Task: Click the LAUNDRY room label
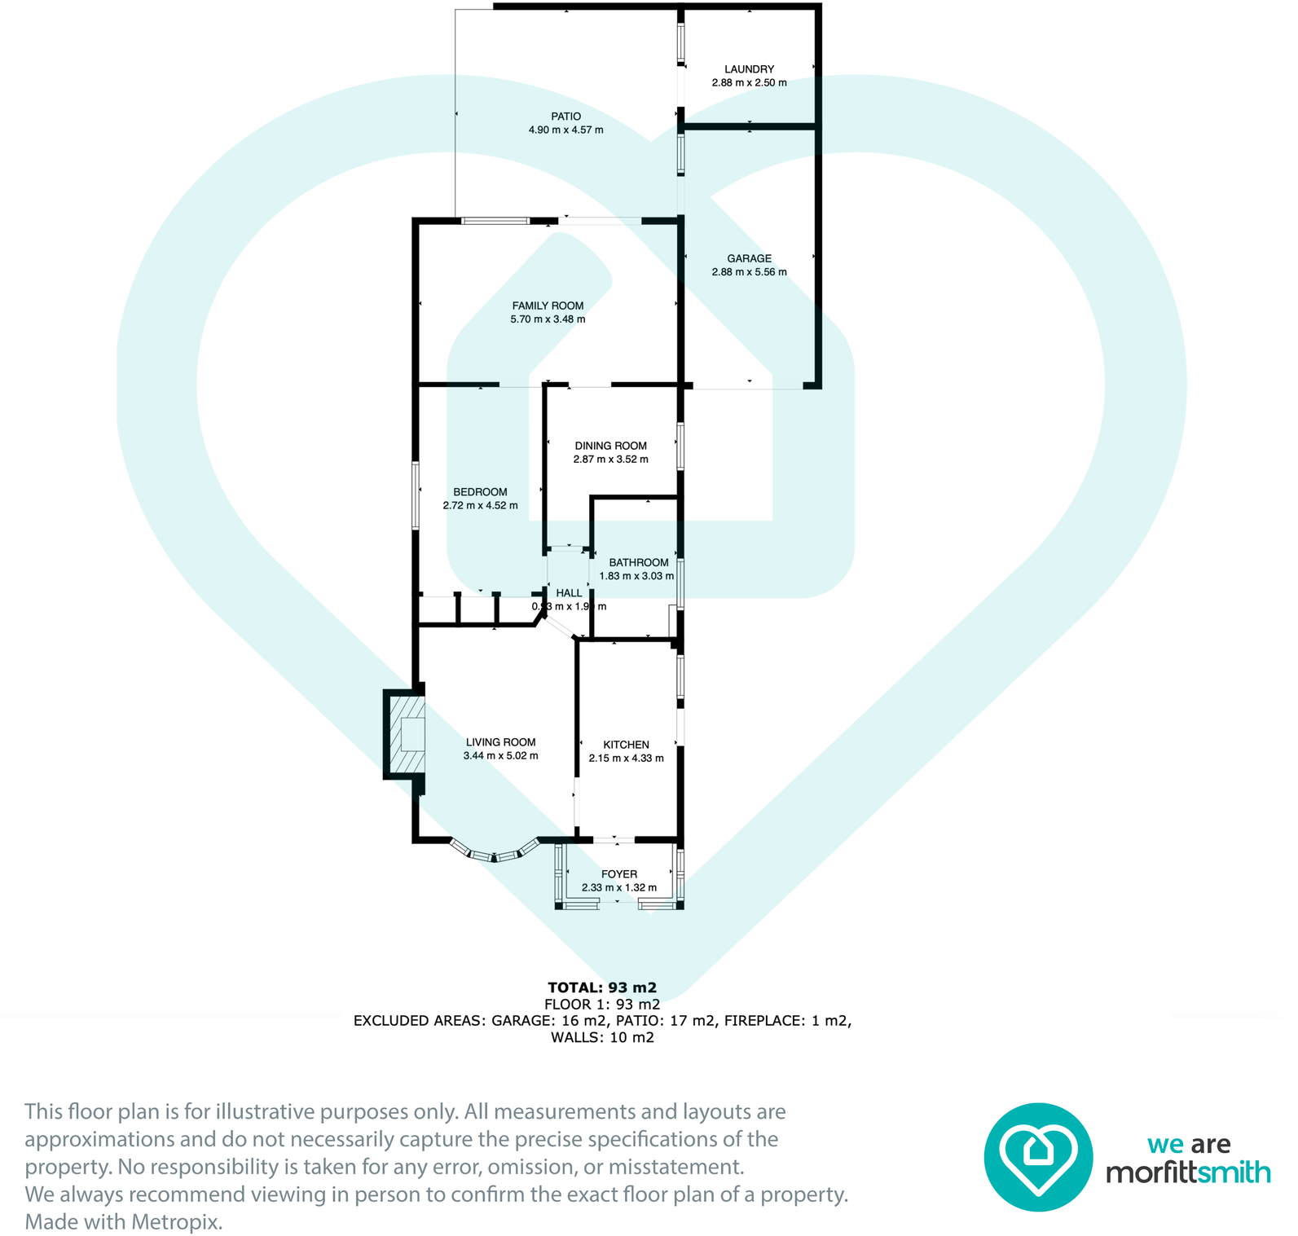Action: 749,69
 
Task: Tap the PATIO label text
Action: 565,117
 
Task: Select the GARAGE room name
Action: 749,258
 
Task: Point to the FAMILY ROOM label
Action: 548,306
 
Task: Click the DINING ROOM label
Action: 610,446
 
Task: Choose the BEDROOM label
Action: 480,492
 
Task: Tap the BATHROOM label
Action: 638,562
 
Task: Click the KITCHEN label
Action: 626,745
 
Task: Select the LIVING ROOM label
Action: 500,742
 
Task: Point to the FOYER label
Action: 618,874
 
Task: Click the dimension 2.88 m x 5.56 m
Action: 749,272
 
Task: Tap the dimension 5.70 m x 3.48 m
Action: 548,319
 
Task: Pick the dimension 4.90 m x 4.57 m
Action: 565,130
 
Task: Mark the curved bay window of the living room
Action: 495,855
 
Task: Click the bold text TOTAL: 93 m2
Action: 601,987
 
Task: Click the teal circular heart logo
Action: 1038,1157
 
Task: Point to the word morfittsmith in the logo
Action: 1187,1172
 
